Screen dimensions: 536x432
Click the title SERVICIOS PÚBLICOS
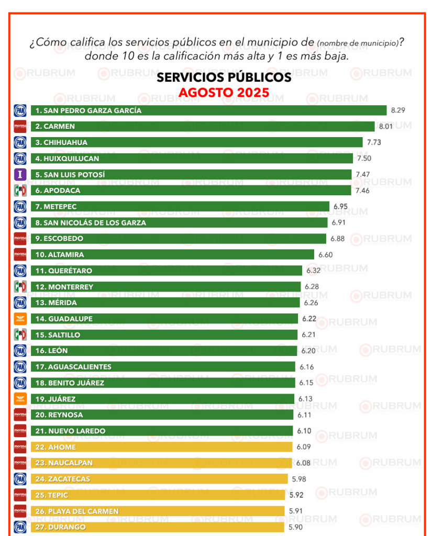(x=224, y=77)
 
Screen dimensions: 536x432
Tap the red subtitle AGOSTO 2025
(x=224, y=93)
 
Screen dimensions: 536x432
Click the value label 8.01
(x=386, y=126)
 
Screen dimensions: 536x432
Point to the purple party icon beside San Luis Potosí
(x=20, y=174)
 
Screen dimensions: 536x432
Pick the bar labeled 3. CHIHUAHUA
(x=196, y=142)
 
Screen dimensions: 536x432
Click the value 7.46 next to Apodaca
(x=362, y=191)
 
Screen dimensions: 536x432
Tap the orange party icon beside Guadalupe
(x=20, y=319)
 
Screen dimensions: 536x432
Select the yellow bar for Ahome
(x=161, y=447)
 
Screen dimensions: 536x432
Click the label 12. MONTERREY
(x=64, y=287)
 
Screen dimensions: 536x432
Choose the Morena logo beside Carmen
(x=20, y=126)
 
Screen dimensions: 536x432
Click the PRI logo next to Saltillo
(x=20, y=334)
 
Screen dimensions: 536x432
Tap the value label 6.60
(x=325, y=255)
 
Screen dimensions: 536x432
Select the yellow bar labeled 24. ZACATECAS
(x=159, y=479)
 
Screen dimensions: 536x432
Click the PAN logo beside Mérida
(x=20, y=303)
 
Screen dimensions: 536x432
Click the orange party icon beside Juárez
(x=20, y=399)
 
